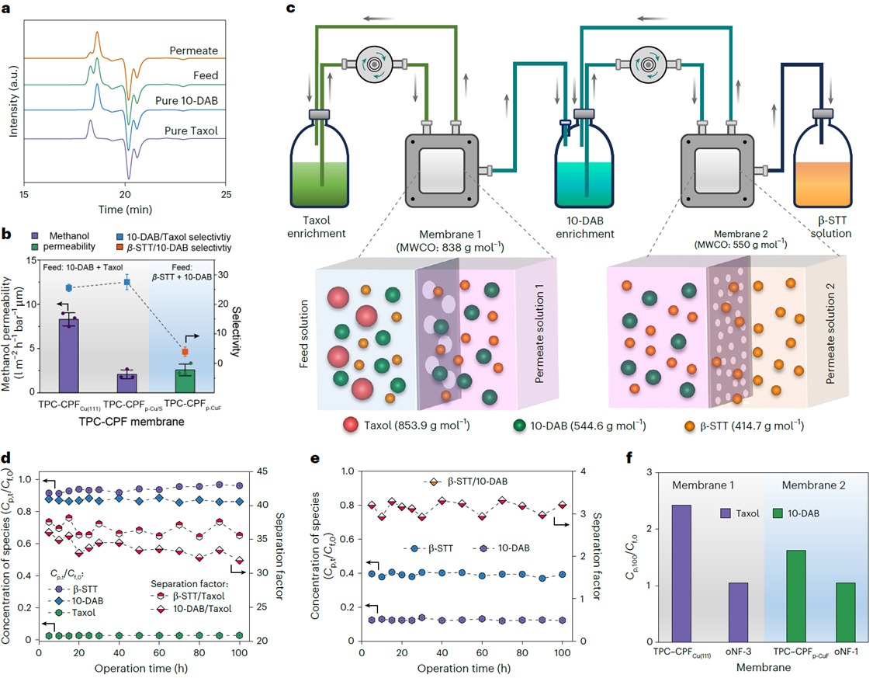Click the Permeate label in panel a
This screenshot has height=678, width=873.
[194, 51]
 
